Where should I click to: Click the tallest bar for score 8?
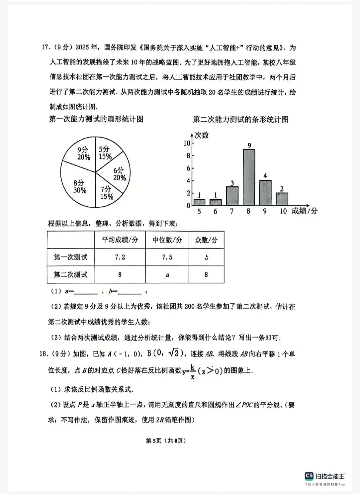[249, 177]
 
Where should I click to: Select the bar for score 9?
[265, 193]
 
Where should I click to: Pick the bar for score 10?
[282, 199]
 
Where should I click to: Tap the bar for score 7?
[232, 196]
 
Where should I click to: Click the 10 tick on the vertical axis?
[187, 143]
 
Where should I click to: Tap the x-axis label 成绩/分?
[304, 211]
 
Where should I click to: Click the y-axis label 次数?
[202, 135]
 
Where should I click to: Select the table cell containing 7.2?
[120, 257]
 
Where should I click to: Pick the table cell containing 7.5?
[167, 257]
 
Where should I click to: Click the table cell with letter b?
[206, 257]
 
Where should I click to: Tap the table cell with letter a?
[167, 275]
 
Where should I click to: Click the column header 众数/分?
[206, 240]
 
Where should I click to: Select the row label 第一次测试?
[71, 257]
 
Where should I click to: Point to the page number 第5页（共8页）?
[166, 440]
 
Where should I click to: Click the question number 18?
[44, 354]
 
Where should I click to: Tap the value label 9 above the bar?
[249, 145]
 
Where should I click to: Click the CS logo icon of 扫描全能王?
[309, 476]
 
